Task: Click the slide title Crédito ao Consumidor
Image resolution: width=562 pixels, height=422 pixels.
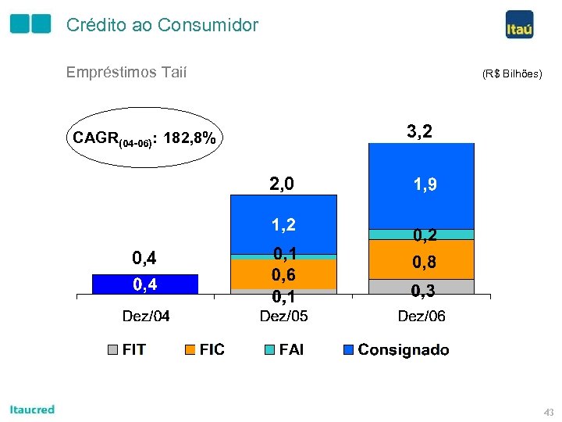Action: coord(162,25)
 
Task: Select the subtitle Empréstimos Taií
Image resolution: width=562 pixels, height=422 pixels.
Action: coord(126,73)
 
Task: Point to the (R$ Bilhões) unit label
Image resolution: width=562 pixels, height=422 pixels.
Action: coord(511,74)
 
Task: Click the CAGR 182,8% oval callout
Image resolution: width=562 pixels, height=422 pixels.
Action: coord(144,138)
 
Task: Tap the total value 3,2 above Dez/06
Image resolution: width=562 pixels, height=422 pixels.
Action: coord(420,131)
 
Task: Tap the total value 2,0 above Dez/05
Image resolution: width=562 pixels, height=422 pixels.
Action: coord(282,184)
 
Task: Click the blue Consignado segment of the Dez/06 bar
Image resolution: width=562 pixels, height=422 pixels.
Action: coord(421,186)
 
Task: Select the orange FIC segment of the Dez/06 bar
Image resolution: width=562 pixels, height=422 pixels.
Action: coord(421,259)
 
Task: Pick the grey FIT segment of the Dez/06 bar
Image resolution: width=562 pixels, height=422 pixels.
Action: coord(421,286)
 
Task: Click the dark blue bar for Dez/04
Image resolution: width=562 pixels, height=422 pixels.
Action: coord(145,284)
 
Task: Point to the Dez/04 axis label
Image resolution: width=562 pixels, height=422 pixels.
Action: coord(146,316)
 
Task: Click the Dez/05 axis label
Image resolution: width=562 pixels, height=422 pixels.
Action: coord(283,316)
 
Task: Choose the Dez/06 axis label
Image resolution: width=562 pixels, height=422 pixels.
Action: coord(421,316)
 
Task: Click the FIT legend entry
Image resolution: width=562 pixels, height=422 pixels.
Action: coord(126,349)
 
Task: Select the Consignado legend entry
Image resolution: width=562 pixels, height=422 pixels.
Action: coord(396,349)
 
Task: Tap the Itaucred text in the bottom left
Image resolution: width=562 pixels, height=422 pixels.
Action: coord(32,409)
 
